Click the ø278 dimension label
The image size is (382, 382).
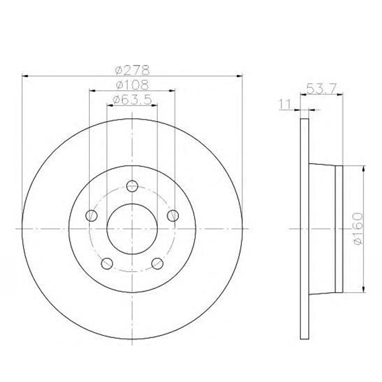132,70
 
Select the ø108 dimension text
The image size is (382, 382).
132,85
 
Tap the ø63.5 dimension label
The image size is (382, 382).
132,99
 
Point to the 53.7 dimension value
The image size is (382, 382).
322,88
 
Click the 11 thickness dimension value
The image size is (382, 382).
285,104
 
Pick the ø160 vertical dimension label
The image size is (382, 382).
358,229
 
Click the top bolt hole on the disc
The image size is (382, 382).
132,186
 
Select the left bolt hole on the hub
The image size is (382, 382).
92,215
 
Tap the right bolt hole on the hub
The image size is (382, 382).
173,215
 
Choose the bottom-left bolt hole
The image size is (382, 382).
107,264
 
